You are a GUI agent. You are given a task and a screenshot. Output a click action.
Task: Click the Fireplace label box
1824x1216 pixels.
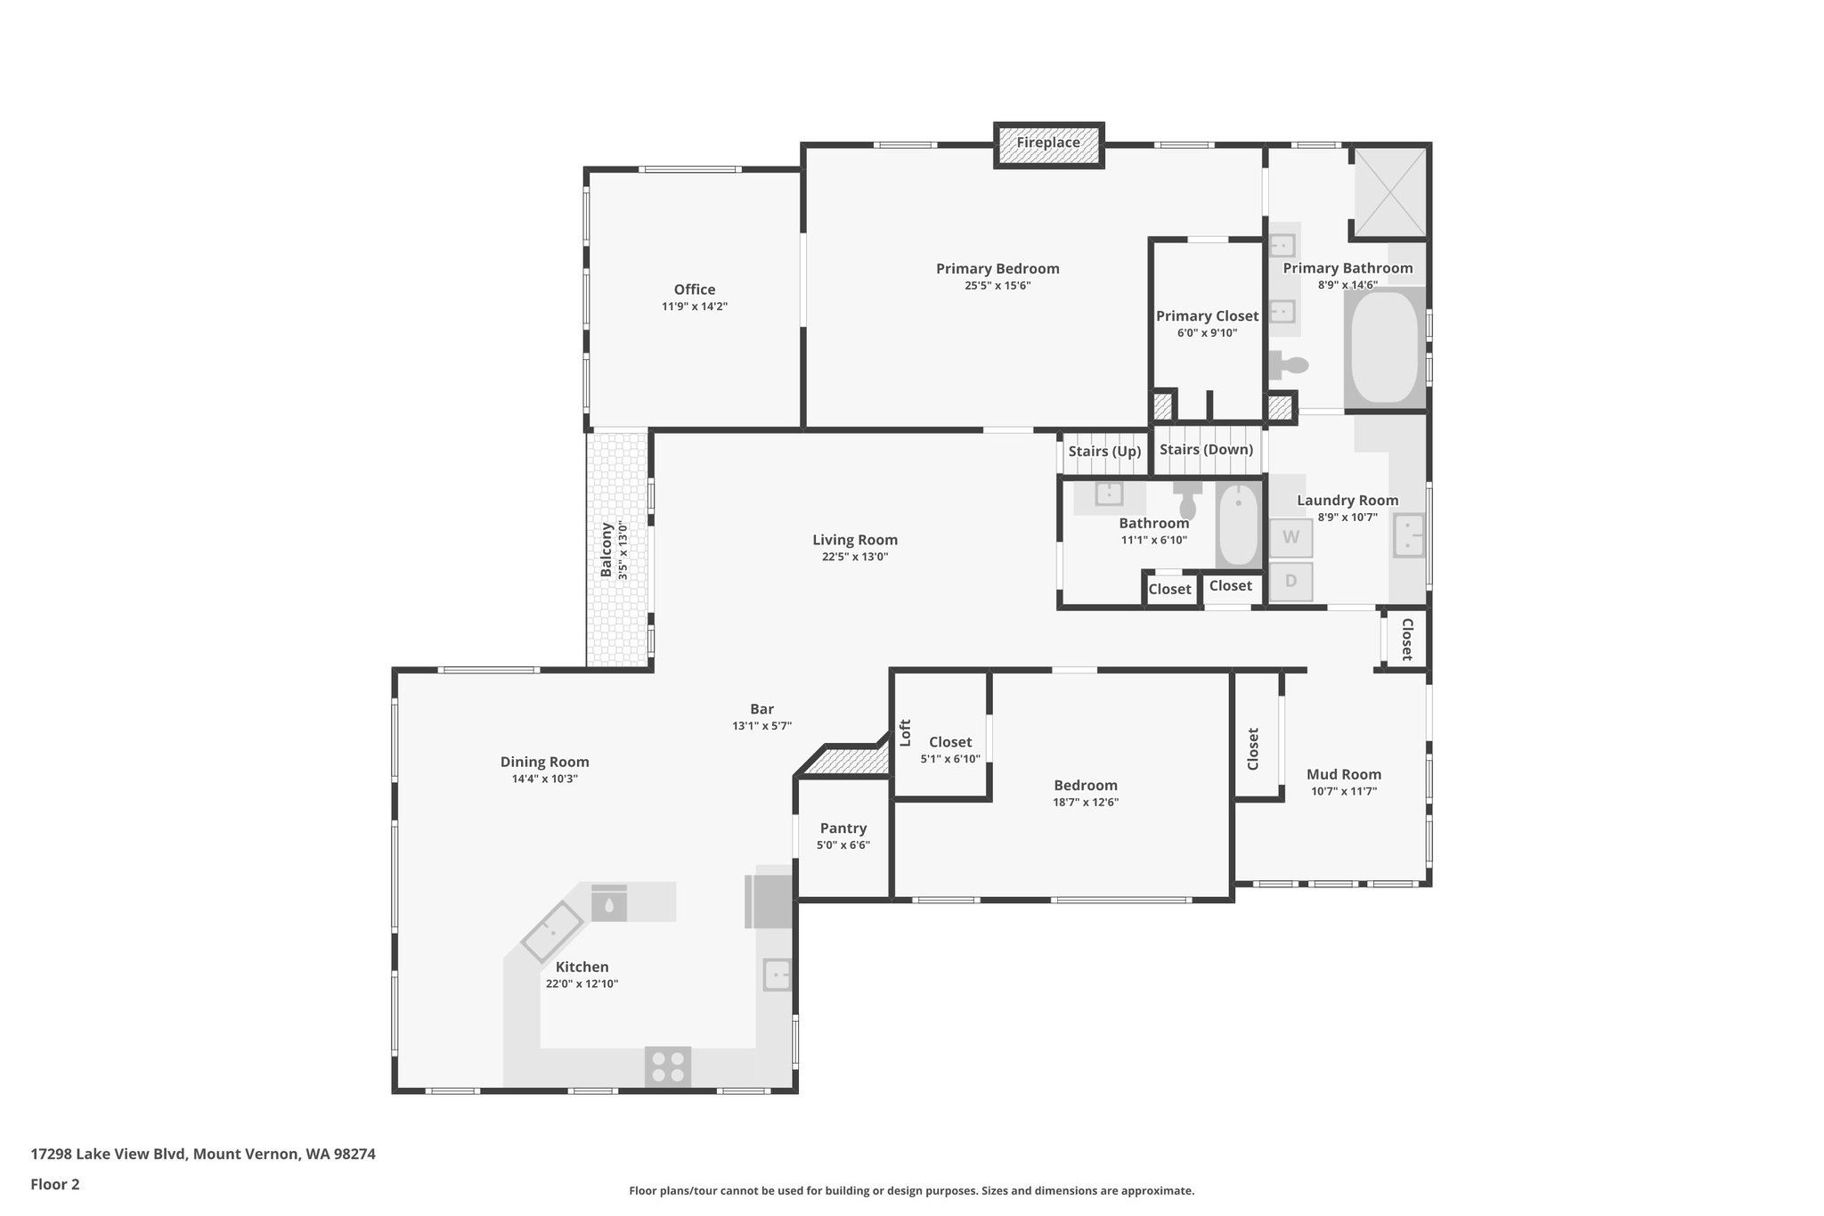pos(1048,143)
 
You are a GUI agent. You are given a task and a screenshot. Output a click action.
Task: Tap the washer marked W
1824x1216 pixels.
pos(1291,538)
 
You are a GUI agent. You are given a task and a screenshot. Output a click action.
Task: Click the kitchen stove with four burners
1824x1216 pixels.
pos(668,1066)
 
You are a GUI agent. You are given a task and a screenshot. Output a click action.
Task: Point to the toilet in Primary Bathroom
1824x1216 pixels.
pos(1289,364)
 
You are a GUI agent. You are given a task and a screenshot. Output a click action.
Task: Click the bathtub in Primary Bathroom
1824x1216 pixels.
pos(1384,347)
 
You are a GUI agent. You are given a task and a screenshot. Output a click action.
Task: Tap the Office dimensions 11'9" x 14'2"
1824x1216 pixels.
pos(694,306)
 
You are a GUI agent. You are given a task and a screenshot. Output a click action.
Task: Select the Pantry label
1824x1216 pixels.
pos(843,828)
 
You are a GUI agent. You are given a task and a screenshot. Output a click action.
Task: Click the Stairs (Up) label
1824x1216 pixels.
pos(1103,452)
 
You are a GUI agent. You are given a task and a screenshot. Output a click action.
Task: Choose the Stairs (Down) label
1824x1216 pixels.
pos(1206,450)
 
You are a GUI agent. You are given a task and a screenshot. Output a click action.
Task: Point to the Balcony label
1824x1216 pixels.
pos(607,550)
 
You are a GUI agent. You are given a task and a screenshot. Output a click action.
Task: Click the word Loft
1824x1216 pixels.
pos(905,732)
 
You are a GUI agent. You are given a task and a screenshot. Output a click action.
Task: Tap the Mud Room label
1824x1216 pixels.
pos(1343,774)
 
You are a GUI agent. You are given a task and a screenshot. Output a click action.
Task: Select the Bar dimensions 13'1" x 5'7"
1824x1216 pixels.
pos(761,726)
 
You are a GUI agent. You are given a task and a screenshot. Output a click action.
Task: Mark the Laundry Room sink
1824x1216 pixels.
pos(1407,535)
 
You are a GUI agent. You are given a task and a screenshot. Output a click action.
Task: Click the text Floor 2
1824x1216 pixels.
pos(55,1184)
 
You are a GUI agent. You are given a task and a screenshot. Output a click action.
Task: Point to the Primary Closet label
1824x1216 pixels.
pos(1207,316)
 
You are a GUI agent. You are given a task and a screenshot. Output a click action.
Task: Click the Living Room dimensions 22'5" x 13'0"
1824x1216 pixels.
pos(854,557)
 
